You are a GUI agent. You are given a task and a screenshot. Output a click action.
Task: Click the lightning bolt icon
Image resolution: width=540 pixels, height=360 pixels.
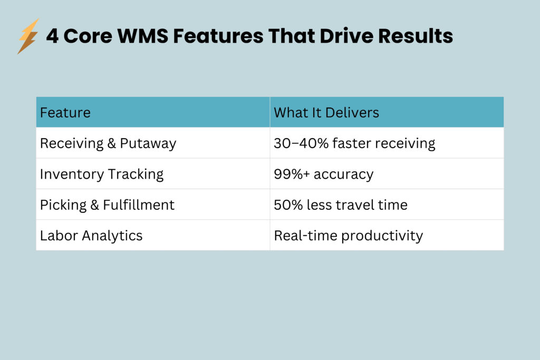pos(28,36)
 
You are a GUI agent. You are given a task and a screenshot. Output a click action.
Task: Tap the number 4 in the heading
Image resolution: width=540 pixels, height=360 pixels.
pos(52,36)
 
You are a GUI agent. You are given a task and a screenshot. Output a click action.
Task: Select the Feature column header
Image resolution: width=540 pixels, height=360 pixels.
pos(65,112)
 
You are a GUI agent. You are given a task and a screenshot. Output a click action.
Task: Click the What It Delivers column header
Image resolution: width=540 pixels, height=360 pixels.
pos(326,112)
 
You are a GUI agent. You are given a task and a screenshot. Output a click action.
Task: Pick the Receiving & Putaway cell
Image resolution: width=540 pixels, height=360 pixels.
pos(108,143)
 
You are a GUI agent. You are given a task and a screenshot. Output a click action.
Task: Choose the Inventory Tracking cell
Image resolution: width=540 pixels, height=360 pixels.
pos(102,174)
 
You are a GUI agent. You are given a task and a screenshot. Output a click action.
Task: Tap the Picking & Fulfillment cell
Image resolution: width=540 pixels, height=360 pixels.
pos(107,205)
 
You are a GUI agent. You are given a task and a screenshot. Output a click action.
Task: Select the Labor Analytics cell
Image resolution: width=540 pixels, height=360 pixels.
pos(91,235)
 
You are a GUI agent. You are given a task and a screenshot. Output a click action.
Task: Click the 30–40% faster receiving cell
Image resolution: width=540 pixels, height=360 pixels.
pos(354,143)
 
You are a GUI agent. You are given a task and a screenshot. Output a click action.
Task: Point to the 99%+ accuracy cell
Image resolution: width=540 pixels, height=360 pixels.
pos(323,174)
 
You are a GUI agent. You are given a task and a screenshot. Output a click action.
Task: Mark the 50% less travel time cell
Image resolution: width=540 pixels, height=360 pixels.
pos(341,205)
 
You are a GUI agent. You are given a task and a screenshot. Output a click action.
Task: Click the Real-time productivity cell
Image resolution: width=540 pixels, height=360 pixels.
pos(348,235)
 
